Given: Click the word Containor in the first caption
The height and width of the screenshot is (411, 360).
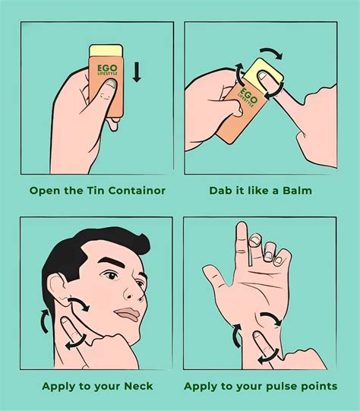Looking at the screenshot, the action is [137, 191].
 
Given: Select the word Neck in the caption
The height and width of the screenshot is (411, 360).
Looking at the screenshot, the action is [138, 386].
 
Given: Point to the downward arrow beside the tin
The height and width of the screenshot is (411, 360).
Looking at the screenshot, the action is [137, 72].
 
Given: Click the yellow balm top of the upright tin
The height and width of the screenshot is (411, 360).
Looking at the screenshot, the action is [106, 51].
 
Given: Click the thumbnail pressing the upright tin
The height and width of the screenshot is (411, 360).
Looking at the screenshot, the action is [111, 84].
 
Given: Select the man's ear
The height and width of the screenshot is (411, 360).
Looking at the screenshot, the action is [58, 289].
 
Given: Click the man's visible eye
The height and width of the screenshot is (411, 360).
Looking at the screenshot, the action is [112, 276].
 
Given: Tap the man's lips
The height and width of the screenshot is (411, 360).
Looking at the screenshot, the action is [128, 315].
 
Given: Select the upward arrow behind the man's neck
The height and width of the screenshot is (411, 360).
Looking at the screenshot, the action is [45, 321].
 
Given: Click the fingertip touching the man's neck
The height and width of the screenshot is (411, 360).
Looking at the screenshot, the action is [65, 321].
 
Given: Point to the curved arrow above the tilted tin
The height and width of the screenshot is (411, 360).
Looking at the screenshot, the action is [273, 52].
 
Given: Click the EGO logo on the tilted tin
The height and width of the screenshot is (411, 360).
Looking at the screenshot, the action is [248, 95].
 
